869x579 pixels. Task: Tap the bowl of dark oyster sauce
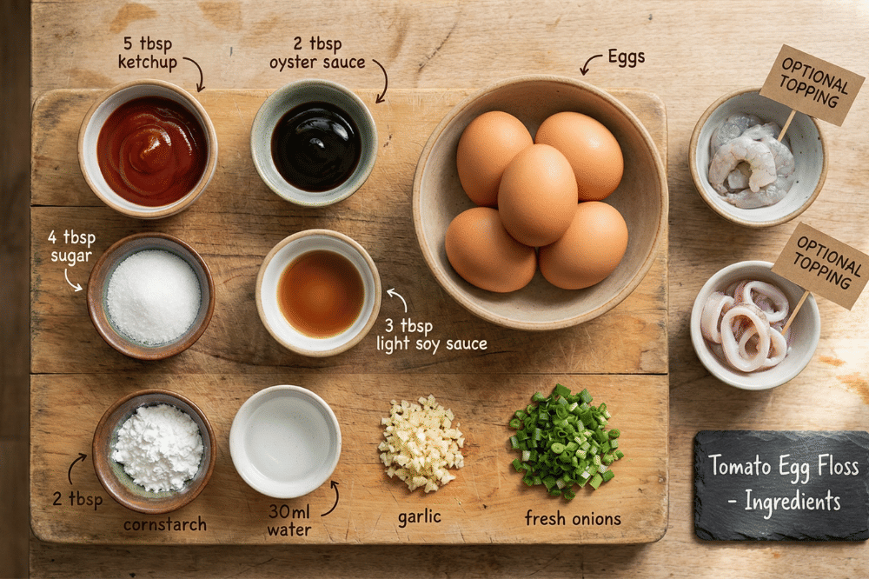tap(315, 144)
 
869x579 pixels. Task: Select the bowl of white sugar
tap(151, 296)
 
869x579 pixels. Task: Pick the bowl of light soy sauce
tap(319, 293)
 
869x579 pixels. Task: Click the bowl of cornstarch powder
tap(155, 449)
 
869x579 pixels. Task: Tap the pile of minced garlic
tap(421, 443)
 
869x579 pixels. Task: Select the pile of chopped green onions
tap(565, 440)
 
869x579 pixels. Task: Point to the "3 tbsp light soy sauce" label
tap(431, 333)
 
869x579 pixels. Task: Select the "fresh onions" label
tap(573, 518)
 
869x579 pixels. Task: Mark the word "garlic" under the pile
tap(420, 516)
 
